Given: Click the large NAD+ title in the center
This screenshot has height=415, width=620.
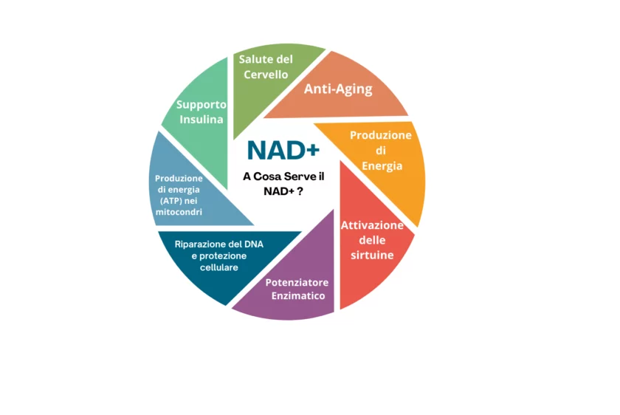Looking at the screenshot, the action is tap(283, 151).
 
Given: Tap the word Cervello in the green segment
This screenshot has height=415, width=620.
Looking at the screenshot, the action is tap(266, 75).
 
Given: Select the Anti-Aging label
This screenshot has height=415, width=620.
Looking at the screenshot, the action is tap(338, 89).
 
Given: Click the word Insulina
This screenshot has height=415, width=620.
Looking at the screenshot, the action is tap(201, 119).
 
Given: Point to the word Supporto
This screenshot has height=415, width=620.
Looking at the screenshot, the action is tap(201, 105).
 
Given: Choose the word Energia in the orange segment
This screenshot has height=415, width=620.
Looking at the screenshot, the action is tap(382, 165).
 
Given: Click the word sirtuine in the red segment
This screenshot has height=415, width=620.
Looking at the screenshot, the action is tap(372, 255).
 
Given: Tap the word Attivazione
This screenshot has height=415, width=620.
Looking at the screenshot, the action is tap(372, 225).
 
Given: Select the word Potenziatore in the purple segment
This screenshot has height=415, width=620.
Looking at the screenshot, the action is tap(297, 283).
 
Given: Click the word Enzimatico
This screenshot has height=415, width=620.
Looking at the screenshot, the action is tap(298, 296).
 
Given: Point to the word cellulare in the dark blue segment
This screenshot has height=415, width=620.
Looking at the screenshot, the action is tap(219, 267).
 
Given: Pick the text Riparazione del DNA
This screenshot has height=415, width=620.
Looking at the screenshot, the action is tap(219, 244).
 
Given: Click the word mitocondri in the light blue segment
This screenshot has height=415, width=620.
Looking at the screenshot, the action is tap(179, 212).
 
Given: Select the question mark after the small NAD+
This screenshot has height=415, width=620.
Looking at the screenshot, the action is tap(300, 191).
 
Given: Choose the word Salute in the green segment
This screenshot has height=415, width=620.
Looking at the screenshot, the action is tap(252, 59).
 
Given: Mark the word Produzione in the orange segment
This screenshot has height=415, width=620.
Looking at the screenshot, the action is tap(381, 135).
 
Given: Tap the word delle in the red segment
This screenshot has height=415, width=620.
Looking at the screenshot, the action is tap(372, 240).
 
